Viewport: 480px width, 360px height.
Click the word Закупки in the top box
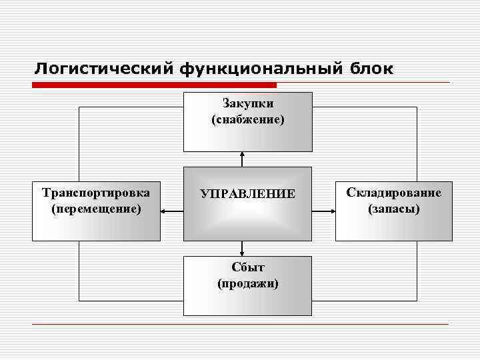(247, 104)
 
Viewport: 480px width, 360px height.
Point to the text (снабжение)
(247, 120)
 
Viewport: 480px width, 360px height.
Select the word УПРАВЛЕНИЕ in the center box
(247, 194)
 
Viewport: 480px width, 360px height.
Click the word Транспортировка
(96, 193)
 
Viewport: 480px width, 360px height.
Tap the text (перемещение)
(96, 209)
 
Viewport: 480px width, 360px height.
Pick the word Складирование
(393, 193)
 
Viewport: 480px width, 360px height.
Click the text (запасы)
(393, 209)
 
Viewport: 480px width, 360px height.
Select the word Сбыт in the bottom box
(247, 267)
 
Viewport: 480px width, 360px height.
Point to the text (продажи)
(247, 283)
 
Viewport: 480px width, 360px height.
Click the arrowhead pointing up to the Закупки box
(242, 155)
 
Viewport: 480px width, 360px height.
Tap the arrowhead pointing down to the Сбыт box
(242, 253)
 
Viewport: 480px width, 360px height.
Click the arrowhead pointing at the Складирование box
(332, 212)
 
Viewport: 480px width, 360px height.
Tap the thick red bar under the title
(153, 85)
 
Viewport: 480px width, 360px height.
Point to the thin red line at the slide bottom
(240, 324)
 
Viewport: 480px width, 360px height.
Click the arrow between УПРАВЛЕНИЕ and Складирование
(323, 212)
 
